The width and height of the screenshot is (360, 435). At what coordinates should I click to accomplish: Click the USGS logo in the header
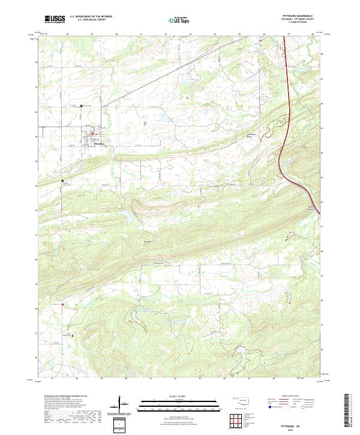[55, 19]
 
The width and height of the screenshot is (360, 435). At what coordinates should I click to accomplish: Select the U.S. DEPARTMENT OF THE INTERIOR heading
[91, 17]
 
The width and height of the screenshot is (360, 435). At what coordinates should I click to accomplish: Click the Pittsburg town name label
[100, 144]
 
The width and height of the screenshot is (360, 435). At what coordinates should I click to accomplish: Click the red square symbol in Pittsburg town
[91, 134]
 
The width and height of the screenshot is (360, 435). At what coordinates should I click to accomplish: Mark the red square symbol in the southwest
[62, 305]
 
